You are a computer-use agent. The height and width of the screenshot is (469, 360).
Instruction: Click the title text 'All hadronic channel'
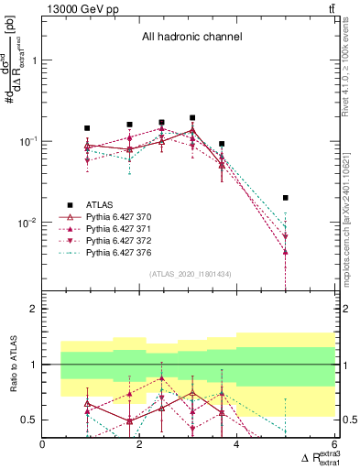pos(191,37)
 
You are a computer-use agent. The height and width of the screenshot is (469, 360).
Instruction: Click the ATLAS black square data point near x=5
pos(286,198)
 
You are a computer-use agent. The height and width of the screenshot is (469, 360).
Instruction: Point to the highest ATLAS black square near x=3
pos(192,118)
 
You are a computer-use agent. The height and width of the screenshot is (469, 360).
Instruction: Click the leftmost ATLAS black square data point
pos(87,128)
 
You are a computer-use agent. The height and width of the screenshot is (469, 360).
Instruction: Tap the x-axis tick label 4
pos(237,445)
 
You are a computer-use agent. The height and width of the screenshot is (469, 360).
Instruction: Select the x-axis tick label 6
pos(333,445)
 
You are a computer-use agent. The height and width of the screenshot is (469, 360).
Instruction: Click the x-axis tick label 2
pos(140,445)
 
